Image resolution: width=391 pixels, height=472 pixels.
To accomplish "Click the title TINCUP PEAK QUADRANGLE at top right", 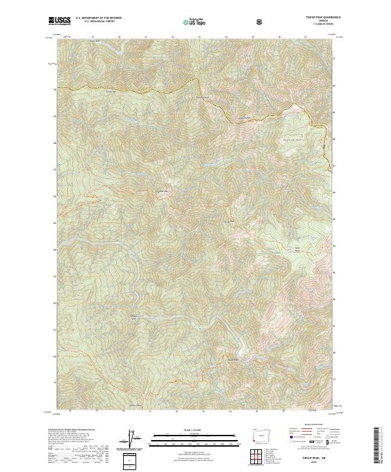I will pyautogui.click(x=318, y=18).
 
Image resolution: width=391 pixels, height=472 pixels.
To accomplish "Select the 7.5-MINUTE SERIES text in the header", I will pyautogui.click(x=318, y=25).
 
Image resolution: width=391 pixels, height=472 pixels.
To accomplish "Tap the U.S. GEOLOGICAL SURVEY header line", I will pyautogui.click(x=94, y=22).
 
